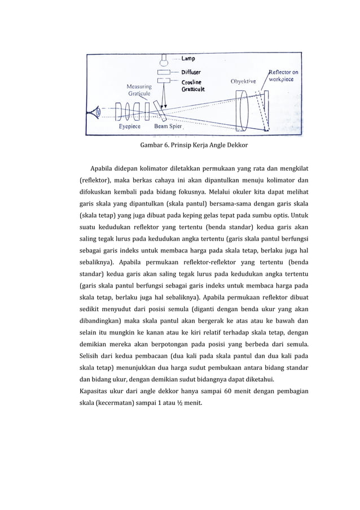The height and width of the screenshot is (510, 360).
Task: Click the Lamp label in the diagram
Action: pos(189,58)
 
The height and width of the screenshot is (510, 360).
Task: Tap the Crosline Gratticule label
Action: pos(193,85)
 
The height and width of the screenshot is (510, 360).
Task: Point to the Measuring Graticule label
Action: pos(138,90)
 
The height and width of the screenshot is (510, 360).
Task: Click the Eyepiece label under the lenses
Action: pos(130,127)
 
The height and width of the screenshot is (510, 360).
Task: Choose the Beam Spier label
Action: pos(168,127)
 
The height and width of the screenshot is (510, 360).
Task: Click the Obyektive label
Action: pos(243,81)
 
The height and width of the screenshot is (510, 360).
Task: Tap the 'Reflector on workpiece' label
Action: pos(284,76)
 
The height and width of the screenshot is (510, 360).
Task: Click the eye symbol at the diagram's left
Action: pos(96,112)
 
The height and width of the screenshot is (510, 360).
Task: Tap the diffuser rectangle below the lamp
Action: pos(164,72)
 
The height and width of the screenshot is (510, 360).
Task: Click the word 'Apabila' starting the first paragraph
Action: pos(102,169)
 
